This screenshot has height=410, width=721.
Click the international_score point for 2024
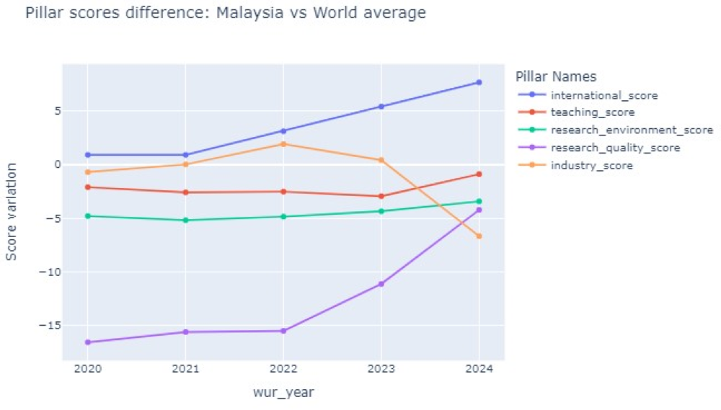[479, 82]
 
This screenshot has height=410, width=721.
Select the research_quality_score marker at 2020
[87, 342]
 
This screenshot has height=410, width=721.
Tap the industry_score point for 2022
[283, 144]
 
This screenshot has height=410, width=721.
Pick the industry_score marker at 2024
[479, 236]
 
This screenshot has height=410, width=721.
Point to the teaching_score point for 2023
[381, 196]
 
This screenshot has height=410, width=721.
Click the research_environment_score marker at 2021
[185, 220]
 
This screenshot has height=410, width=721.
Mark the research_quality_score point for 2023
[381, 284]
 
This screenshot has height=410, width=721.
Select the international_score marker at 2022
[283, 131]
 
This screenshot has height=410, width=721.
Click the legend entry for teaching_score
[592, 112]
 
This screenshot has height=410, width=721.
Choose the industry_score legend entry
[591, 166]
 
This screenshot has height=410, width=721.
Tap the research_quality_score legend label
[614, 148]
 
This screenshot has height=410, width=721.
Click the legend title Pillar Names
[556, 76]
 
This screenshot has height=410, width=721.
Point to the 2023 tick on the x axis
[381, 369]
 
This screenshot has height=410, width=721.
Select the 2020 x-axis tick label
[87, 369]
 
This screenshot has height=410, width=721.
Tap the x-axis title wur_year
[283, 392]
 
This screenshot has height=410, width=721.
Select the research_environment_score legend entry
[631, 130]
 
